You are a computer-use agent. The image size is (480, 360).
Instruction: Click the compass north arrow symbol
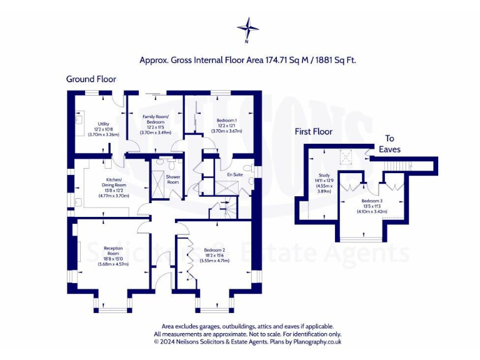pos(247,28)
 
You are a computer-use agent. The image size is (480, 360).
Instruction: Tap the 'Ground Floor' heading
pos(91,79)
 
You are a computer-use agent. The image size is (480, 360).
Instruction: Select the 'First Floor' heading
pos(314,131)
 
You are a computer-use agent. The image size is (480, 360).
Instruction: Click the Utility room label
pos(103,124)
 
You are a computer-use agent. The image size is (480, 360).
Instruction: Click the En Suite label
pos(234,174)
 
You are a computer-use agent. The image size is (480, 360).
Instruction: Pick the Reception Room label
pos(113,248)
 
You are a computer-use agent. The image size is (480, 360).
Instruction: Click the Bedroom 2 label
pos(214,251)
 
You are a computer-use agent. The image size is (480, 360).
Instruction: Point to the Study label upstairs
pos(324,176)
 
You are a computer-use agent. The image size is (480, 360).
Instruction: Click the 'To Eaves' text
pos(389,144)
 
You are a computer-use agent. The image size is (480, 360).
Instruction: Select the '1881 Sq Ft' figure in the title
pos(335,60)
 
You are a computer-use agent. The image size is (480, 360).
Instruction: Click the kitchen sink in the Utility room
pos(79,119)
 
